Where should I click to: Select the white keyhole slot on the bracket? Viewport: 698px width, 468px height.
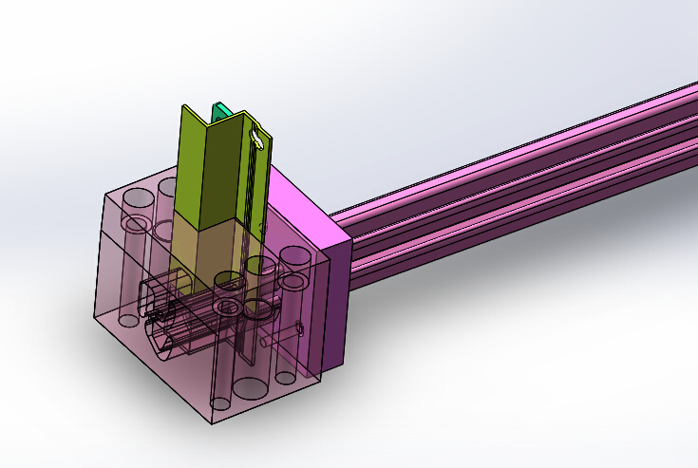pos(255,140)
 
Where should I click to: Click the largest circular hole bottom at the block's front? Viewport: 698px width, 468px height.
pos(252,387)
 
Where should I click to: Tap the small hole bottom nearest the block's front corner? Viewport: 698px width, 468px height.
pos(219,404)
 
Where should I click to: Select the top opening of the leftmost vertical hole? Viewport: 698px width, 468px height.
pos(138,199)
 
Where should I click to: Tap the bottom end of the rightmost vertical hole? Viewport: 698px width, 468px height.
pos(286,377)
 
